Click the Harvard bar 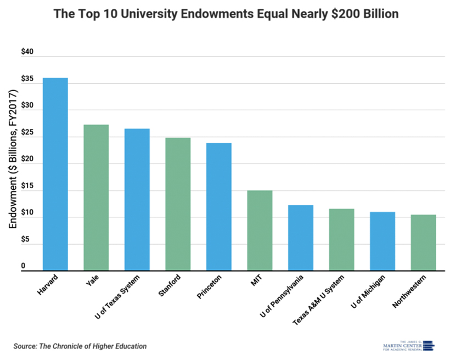(x=55, y=174)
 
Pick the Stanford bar (x=178, y=204)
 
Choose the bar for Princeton (x=219, y=206)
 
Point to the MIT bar (x=260, y=230)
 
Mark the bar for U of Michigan (x=383, y=241)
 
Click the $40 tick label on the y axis (x=27, y=52)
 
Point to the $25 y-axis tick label (x=27, y=132)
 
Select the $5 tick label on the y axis (x=25, y=239)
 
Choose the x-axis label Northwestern (x=415, y=290)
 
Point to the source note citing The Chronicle (x=80, y=346)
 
